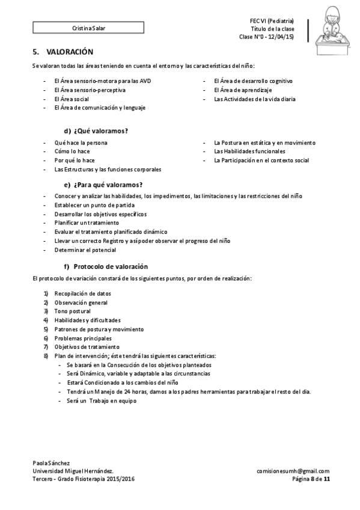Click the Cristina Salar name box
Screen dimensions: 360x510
pyautogui.click(x=88, y=28)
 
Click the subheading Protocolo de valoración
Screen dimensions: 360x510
pyautogui.click(x=111, y=266)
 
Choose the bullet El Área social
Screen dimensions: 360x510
pyautogui.click(x=71, y=99)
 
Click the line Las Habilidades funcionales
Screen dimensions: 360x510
pyautogui.click(x=249, y=152)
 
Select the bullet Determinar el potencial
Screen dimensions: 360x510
pyautogui.click(x=85, y=250)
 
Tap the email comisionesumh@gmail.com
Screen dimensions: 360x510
pyautogui.click(x=293, y=472)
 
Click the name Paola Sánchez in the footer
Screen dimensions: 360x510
pyautogui.click(x=52, y=462)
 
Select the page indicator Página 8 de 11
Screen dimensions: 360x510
pyautogui.click(x=310, y=480)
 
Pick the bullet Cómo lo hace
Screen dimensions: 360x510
pyautogui.click(x=72, y=152)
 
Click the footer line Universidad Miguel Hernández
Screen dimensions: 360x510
pyautogui.click(x=72, y=472)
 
